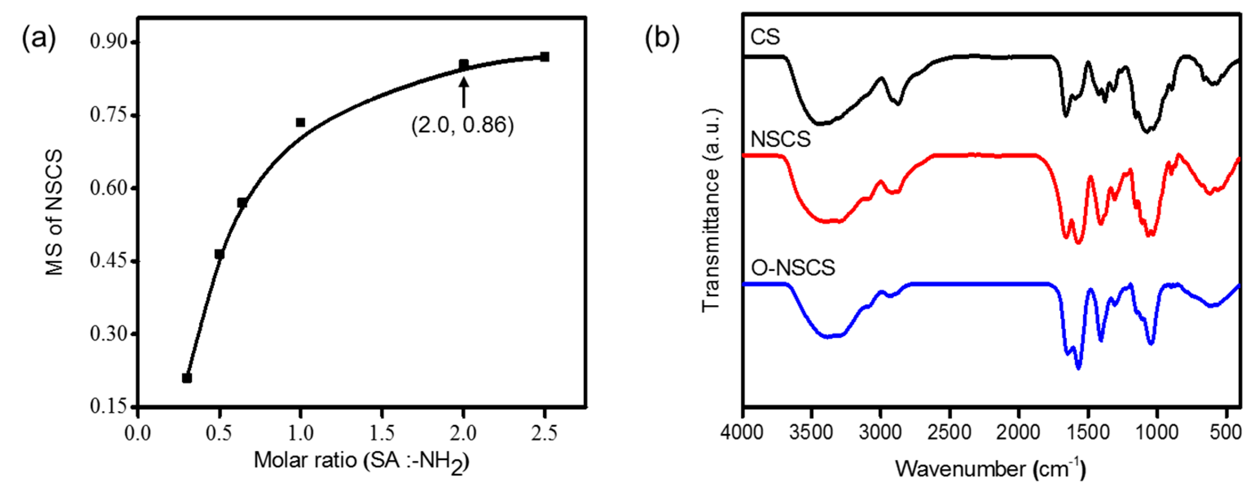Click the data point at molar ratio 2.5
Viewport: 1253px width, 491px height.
click(x=544, y=57)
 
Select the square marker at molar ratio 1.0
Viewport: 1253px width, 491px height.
click(x=301, y=122)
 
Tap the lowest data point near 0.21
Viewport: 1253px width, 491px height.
click(x=187, y=378)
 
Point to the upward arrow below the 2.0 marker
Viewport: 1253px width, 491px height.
click(x=463, y=92)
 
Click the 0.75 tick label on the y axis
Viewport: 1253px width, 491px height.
click(x=108, y=115)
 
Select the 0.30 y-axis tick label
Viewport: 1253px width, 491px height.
click(x=108, y=334)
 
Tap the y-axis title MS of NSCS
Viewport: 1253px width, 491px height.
click(x=55, y=212)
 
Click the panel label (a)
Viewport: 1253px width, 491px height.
click(x=39, y=38)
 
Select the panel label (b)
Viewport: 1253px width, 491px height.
click(x=662, y=38)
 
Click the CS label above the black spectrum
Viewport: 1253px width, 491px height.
click(x=765, y=37)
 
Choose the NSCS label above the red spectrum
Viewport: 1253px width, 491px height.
click(x=780, y=140)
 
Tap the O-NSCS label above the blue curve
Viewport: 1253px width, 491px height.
click(x=793, y=268)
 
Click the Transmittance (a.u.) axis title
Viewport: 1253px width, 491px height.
click(x=710, y=210)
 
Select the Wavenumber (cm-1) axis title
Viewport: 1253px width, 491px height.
click(x=990, y=469)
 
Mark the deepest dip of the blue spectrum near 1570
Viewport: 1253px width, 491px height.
click(x=1078, y=368)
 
